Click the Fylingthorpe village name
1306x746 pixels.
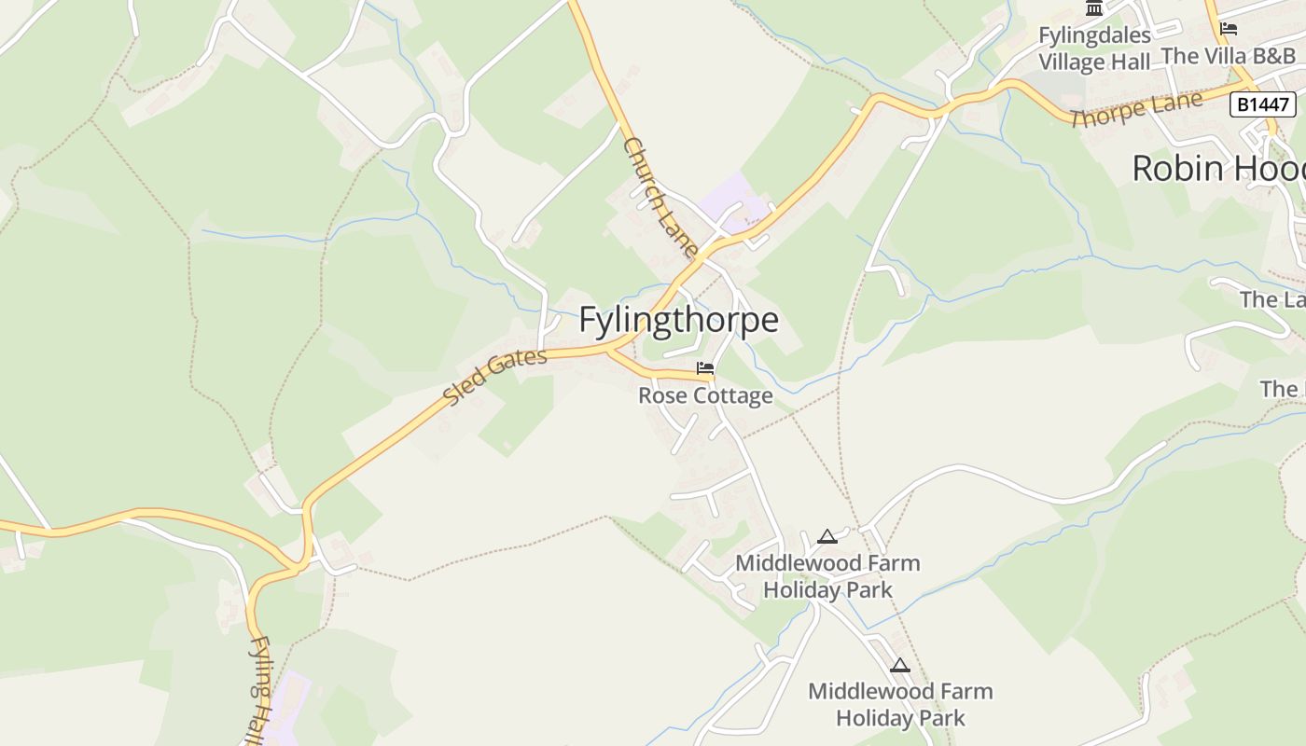[678, 320]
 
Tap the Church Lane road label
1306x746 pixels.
[660, 198]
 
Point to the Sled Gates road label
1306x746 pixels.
[494, 377]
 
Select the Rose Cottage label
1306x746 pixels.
[705, 396]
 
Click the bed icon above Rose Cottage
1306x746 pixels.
[705, 368]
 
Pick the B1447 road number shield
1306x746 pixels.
[1262, 104]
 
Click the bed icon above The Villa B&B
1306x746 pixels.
[1229, 29]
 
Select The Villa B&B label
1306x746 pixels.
[1229, 56]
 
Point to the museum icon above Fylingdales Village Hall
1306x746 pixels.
[1094, 8]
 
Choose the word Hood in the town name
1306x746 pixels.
[1274, 169]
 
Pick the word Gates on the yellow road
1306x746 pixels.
[517, 366]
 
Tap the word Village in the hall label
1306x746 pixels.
[1070, 62]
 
